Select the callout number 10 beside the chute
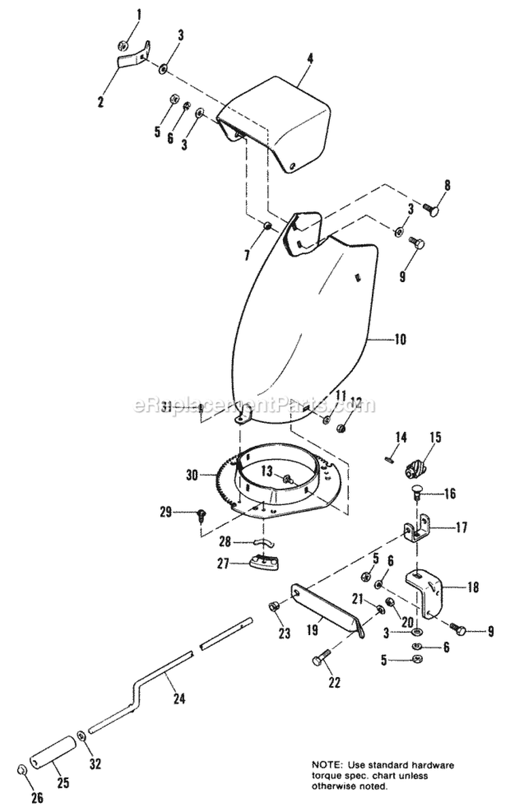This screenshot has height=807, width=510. [400, 339]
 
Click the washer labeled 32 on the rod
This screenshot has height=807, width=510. [82, 735]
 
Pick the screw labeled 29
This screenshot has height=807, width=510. [201, 515]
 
